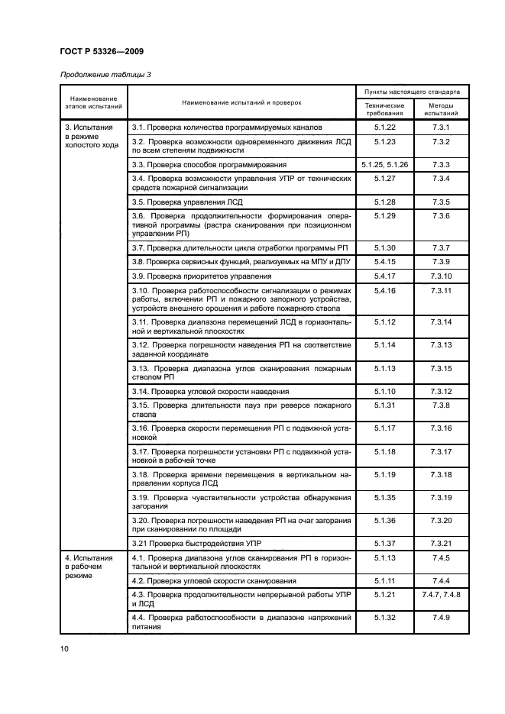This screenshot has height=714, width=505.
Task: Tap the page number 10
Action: tap(65, 649)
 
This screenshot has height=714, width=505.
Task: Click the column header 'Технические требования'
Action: tap(384, 108)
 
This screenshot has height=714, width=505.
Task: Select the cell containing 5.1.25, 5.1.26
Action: tap(384, 164)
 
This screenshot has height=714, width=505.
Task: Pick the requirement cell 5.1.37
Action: tap(384, 543)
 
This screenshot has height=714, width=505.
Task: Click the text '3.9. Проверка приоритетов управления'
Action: tap(202, 276)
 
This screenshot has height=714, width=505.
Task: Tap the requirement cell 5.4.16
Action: tap(384, 291)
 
